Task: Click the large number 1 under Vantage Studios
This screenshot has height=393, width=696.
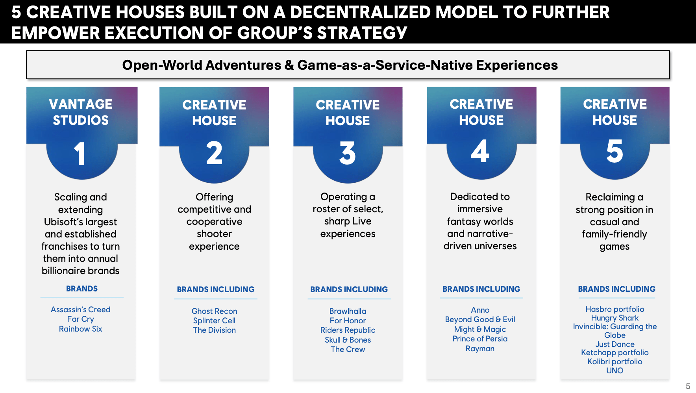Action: (x=80, y=153)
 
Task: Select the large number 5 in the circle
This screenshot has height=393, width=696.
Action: (x=615, y=151)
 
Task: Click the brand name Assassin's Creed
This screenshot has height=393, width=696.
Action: (x=80, y=310)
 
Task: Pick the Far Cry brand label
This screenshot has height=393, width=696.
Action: (x=80, y=319)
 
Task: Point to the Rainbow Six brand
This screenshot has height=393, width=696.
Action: (x=80, y=329)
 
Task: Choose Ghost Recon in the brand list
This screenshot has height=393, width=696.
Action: (x=214, y=311)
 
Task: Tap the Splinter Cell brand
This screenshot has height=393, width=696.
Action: (x=214, y=321)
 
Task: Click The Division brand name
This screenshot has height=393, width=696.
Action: (x=214, y=330)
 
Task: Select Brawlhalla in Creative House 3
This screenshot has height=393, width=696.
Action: (x=348, y=311)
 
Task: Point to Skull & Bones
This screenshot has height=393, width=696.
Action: (x=348, y=340)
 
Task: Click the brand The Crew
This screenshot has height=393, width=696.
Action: (x=348, y=349)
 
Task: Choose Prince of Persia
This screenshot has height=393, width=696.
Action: (x=480, y=339)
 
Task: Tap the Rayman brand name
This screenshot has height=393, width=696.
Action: (x=480, y=349)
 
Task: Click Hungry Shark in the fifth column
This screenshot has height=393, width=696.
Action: (x=615, y=318)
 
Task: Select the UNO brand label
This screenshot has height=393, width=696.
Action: (x=615, y=371)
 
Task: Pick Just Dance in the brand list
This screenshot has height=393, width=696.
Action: (x=615, y=344)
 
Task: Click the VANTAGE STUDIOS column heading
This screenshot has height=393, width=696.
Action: (x=81, y=112)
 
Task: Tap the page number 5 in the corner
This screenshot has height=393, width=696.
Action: (x=688, y=386)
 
